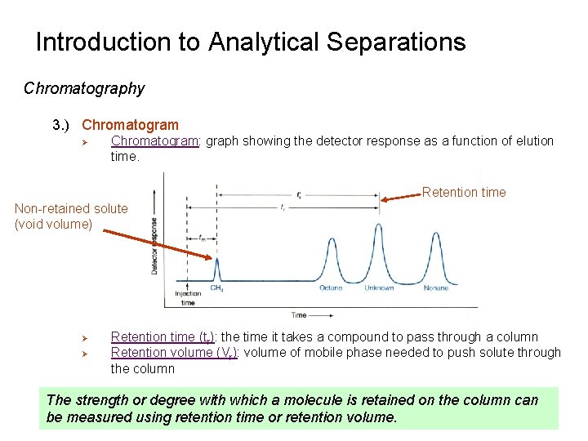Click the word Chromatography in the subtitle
[x=84, y=88]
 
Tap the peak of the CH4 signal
[x=217, y=259]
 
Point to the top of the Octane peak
[x=331, y=238]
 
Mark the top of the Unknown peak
[x=378, y=225]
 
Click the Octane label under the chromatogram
[x=331, y=288]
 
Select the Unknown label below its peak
[x=379, y=288]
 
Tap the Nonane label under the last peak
[x=435, y=288]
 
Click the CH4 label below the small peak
[x=218, y=288]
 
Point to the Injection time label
[x=188, y=298]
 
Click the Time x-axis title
[x=300, y=314]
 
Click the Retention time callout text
[x=464, y=193]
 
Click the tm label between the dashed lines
[x=202, y=238]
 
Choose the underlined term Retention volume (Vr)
[x=174, y=353]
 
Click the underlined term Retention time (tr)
[x=164, y=337]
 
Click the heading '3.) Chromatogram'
[x=115, y=125]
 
